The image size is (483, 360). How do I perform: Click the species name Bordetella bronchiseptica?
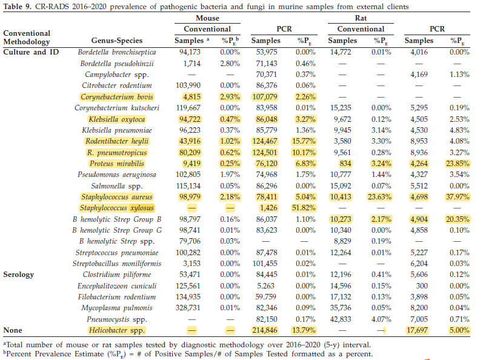tap(117, 52)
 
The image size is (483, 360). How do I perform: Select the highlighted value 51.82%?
tap(304, 208)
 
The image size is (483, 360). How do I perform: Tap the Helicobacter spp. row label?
tap(117, 330)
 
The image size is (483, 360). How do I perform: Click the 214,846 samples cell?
tap(265, 330)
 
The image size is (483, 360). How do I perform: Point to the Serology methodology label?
tap(18, 275)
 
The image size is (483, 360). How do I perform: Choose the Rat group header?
tap(361, 18)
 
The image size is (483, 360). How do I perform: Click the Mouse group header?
tap(208, 18)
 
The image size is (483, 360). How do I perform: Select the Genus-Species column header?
tap(117, 41)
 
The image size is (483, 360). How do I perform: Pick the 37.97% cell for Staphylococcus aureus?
tap(458, 197)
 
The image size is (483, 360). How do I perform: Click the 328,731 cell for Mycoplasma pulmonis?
tap(188, 308)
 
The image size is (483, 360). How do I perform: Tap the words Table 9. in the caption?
tap(18, 7)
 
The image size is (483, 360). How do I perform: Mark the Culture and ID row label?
tap(31, 52)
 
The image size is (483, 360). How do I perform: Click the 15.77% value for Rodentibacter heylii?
tap(304, 141)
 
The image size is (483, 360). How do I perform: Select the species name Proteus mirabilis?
tap(117, 164)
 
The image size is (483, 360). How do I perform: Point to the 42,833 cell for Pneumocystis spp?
tap(341, 319)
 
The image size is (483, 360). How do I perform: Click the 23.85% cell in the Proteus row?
tap(458, 164)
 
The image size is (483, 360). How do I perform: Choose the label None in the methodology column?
tap(13, 330)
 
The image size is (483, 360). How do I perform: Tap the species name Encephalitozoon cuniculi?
tap(117, 286)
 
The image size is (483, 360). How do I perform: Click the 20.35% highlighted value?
tap(458, 219)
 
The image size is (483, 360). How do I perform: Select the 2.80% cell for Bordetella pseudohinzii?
tap(230, 64)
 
